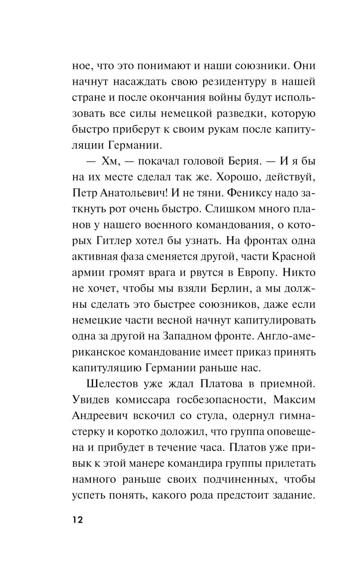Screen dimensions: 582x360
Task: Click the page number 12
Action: pos(77,520)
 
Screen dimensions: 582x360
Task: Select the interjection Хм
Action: pos(109,161)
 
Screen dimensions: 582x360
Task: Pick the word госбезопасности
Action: pos(220,399)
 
